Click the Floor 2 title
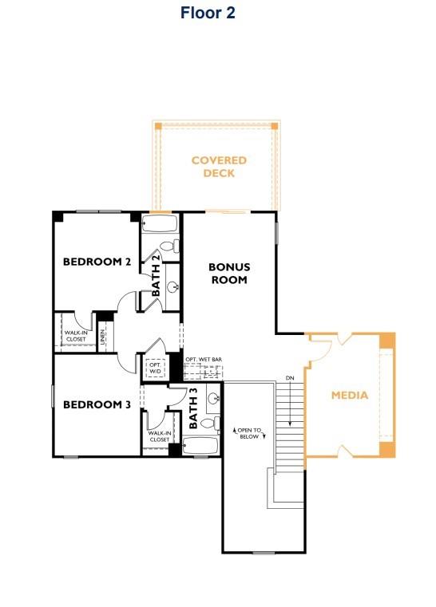click(208, 13)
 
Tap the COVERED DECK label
click(219, 167)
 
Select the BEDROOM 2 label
click(97, 262)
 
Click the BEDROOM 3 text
click(97, 404)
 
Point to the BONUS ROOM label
click(229, 274)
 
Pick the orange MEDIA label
click(350, 395)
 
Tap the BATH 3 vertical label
click(193, 408)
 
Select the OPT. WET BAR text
click(203, 360)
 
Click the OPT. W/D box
click(154, 369)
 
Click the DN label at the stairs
click(290, 378)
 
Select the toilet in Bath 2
click(168, 246)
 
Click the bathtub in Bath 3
click(200, 445)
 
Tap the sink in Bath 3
click(212, 398)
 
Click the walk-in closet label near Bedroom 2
click(76, 336)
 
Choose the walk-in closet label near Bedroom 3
click(159, 436)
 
